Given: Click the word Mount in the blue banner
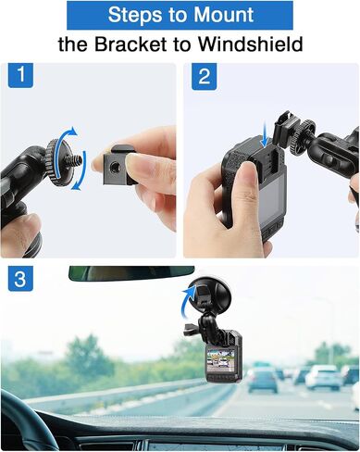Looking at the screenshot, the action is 223,15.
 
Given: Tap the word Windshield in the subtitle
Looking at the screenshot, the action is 250,44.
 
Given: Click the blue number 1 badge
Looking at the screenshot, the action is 20,75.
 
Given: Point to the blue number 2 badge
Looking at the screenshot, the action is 204,76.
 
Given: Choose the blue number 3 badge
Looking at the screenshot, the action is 20,279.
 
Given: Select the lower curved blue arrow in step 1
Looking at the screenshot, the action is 81,174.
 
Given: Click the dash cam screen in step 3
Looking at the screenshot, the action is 221,358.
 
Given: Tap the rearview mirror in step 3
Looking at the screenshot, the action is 131,273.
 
